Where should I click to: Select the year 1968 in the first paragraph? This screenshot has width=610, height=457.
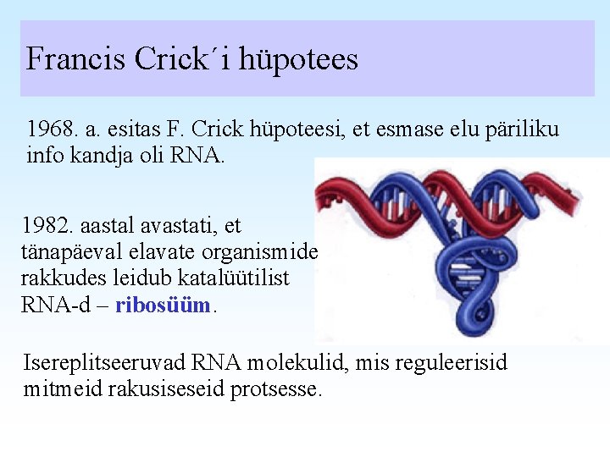[48, 130]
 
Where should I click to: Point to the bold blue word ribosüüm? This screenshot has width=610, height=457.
[162, 306]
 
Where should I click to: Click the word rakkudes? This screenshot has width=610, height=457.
[54, 279]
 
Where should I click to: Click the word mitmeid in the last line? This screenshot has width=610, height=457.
[57, 391]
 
